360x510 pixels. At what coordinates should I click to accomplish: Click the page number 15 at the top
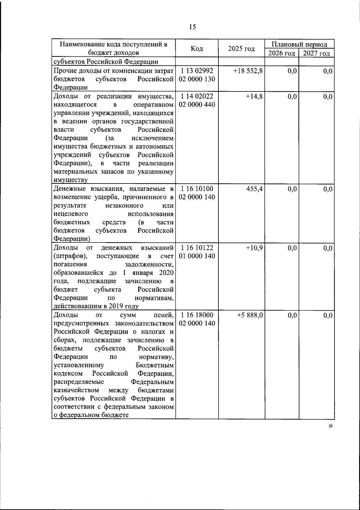click(x=192, y=27)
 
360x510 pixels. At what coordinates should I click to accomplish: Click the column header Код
click(x=197, y=49)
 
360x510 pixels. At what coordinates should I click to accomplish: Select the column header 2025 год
click(x=241, y=49)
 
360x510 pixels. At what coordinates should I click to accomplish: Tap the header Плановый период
click(x=299, y=44)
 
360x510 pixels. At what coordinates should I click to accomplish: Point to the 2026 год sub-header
click(x=281, y=54)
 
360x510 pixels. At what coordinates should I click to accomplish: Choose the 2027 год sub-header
click(x=316, y=54)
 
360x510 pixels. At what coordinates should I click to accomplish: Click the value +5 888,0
click(x=250, y=315)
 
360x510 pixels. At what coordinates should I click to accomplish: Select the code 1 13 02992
click(x=197, y=71)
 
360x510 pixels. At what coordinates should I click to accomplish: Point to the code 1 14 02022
click(x=197, y=97)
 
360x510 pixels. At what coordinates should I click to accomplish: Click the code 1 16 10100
click(x=197, y=189)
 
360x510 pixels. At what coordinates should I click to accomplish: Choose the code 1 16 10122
click(x=197, y=248)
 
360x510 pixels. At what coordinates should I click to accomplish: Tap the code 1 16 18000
click(x=197, y=315)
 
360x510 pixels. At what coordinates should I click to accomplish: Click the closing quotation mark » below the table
click(x=330, y=426)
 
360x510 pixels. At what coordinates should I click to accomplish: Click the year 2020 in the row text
click(x=166, y=273)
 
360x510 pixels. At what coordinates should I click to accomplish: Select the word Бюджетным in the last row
click(x=154, y=365)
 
